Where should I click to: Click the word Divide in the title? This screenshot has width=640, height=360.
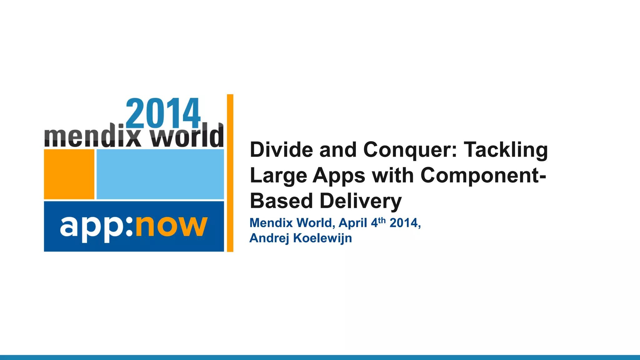(281, 150)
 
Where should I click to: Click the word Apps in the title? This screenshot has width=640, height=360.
(339, 176)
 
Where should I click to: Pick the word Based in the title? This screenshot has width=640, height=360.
(282, 201)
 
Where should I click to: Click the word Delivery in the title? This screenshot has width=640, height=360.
(361, 201)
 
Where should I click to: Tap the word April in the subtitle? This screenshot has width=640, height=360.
(353, 223)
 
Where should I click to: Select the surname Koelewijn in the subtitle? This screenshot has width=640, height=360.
(322, 238)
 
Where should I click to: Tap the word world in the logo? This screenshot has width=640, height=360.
(187, 137)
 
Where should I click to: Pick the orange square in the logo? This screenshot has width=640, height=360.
(69, 174)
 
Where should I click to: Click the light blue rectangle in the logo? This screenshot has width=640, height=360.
(160, 174)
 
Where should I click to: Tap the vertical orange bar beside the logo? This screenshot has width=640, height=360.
(230, 173)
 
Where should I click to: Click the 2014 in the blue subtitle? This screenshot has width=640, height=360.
(403, 223)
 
